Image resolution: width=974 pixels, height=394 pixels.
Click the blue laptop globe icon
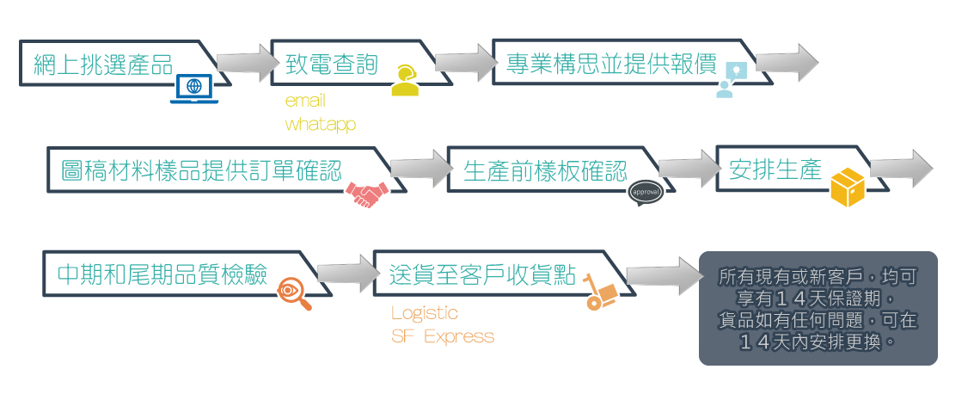pyautogui.click(x=193, y=89)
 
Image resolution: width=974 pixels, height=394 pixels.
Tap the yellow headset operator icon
pyautogui.click(x=404, y=81)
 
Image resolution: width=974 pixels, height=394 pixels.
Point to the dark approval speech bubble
pyautogui.click(x=646, y=193)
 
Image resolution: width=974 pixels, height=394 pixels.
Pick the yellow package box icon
pyautogui.click(x=848, y=188)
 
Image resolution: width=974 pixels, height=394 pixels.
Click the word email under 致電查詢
pyautogui.click(x=305, y=101)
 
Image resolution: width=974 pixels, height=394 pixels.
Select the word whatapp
pyautogui.click(x=321, y=124)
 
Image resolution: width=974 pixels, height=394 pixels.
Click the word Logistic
pyautogui.click(x=425, y=312)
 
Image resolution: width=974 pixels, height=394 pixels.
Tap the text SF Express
pyautogui.click(x=443, y=337)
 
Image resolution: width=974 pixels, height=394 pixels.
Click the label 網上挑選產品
pyautogui.click(x=103, y=65)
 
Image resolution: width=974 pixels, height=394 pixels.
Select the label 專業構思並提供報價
pyautogui.click(x=612, y=64)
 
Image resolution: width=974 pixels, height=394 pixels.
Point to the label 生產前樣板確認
pyautogui.click(x=545, y=170)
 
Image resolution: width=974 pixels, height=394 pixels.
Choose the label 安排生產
pyautogui.click(x=775, y=169)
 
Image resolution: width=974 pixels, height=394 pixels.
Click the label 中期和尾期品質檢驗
pyautogui.click(x=162, y=274)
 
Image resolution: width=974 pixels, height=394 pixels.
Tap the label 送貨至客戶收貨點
pyautogui.click(x=482, y=274)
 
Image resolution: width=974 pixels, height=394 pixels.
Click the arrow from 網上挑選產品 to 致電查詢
pyautogui.click(x=248, y=63)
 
